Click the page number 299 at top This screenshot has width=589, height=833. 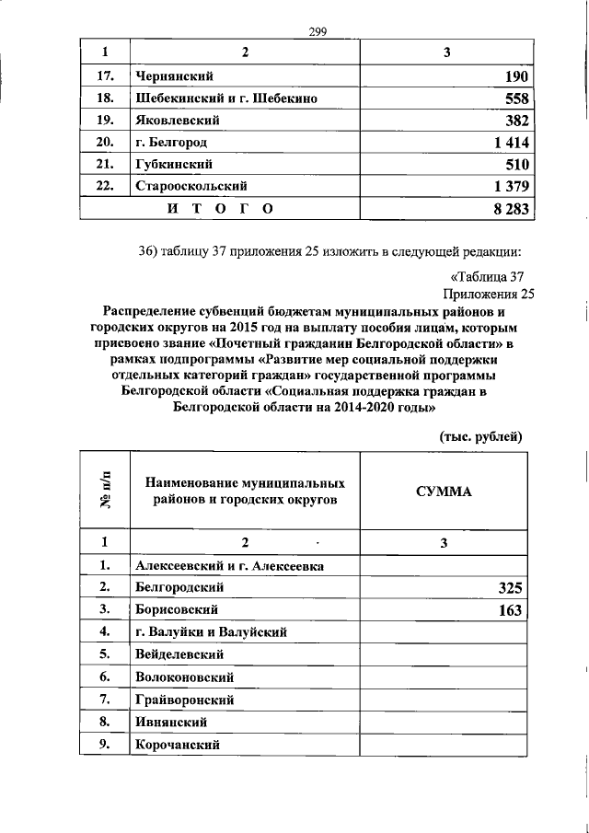click(x=318, y=32)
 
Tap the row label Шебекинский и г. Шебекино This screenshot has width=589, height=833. click(x=226, y=98)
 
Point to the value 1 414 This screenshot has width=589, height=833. click(x=505, y=143)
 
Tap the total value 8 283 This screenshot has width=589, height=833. click(x=505, y=210)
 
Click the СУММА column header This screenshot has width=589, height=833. click(x=444, y=492)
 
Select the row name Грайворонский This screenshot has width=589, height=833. click(x=183, y=700)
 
